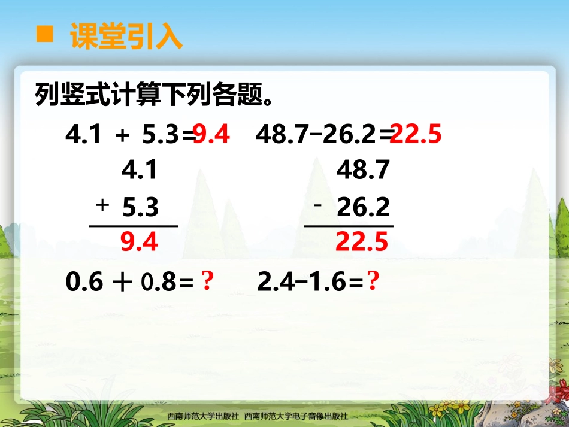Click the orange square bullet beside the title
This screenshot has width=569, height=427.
pos(44,34)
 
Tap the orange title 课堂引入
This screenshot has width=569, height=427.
pos(126,36)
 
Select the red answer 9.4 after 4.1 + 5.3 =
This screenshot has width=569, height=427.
pos(211,135)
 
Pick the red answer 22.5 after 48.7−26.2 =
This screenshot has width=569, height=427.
pos(416,135)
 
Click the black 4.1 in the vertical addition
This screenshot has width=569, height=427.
pos(139,171)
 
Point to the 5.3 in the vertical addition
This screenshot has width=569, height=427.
pos(140,207)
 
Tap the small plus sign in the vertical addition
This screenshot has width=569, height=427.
pos(102,205)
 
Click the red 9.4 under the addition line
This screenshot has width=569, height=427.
pos(139,242)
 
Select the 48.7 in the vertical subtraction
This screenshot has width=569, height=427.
pos(364,171)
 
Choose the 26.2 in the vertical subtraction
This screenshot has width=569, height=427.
pos(364,207)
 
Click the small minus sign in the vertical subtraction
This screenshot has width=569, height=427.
pos(318,205)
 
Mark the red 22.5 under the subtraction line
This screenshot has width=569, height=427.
pos(362,242)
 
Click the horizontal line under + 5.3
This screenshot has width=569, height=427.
pos(134,226)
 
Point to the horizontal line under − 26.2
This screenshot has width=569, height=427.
pos(349,226)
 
